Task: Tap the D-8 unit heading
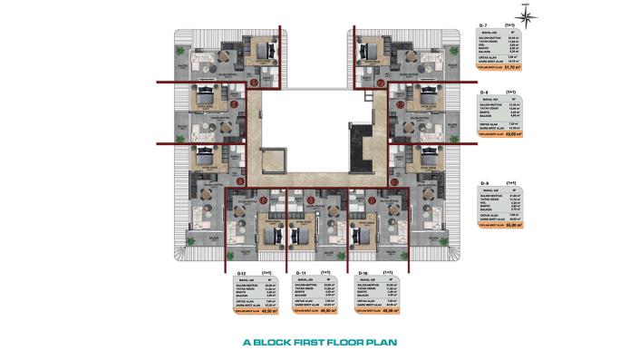coord(485,92)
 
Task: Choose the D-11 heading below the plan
coord(303,271)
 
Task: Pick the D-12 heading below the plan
coord(240,271)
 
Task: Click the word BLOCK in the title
coord(270,343)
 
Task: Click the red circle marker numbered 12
coord(263,199)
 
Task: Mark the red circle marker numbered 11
coord(310,199)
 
